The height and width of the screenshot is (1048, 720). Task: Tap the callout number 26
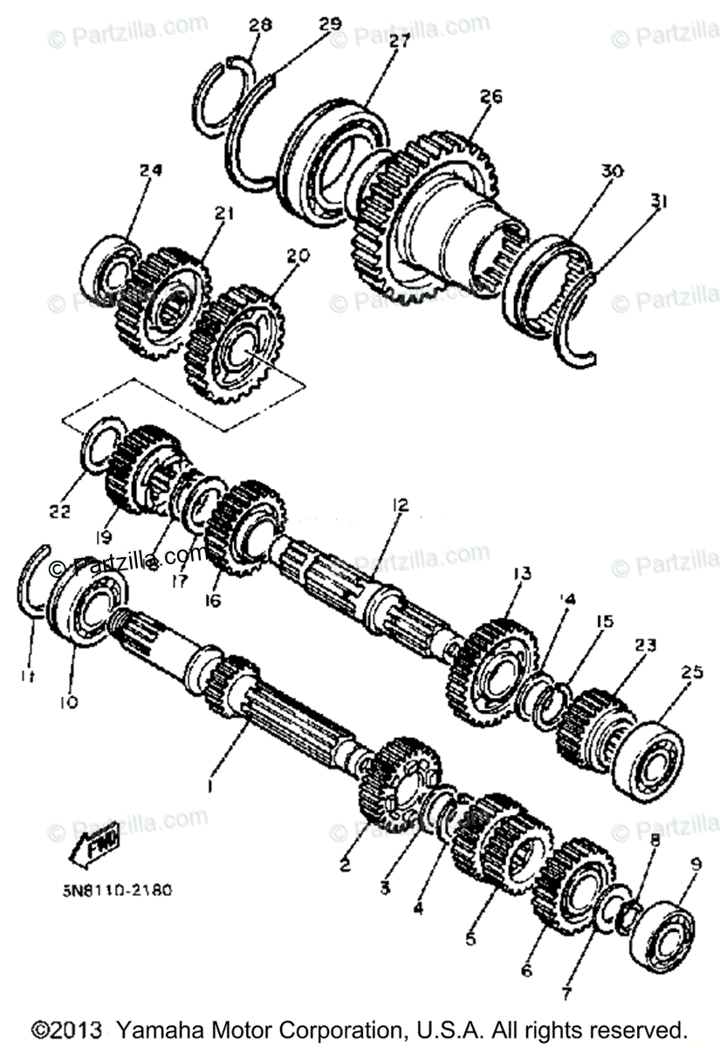(x=491, y=97)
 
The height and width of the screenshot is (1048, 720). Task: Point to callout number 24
(x=151, y=170)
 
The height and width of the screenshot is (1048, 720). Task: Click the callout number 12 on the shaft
(x=401, y=506)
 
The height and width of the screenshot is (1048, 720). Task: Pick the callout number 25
(x=692, y=649)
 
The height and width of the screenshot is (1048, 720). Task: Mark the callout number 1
(x=209, y=787)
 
